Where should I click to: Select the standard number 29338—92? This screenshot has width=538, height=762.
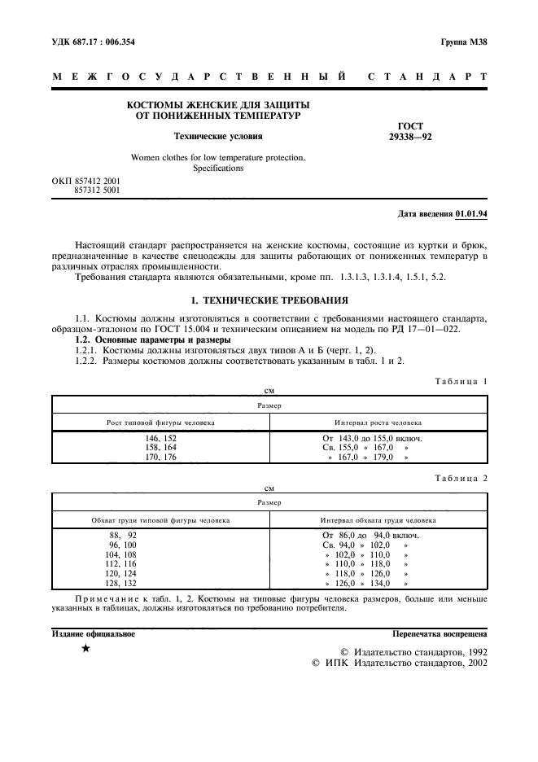[411, 137]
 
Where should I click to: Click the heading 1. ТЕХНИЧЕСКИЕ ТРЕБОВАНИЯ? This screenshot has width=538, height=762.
[269, 300]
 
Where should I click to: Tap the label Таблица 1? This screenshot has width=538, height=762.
[460, 382]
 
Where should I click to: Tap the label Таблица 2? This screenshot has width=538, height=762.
[460, 479]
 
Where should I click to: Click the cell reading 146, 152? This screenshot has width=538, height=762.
[160, 438]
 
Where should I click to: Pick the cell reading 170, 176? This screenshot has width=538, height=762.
[160, 458]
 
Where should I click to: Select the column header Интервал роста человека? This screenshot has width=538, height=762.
[378, 423]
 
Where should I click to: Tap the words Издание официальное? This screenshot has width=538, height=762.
[94, 633]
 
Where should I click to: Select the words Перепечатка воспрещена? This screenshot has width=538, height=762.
[440, 633]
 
